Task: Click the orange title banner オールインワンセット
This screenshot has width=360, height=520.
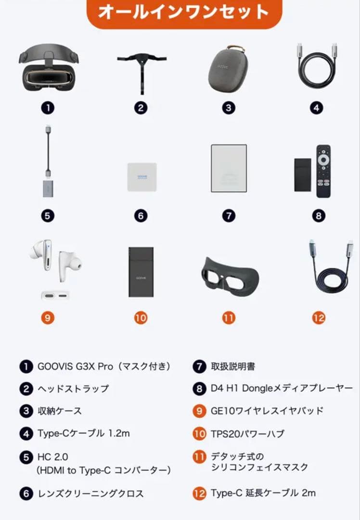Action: coord(184,13)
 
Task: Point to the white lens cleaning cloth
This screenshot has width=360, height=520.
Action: coord(141,177)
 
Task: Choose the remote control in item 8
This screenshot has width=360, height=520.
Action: coord(323,170)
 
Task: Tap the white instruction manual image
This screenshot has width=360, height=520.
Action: coord(229,169)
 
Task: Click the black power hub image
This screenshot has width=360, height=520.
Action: coord(141,272)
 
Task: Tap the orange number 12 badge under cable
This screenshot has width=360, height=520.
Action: coord(319,318)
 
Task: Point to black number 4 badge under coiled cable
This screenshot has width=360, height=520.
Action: coord(316,108)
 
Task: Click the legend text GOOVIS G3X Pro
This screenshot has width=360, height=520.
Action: coord(103,366)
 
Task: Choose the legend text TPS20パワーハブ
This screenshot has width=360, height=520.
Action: coord(247,434)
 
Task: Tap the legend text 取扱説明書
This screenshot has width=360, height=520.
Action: coord(233,366)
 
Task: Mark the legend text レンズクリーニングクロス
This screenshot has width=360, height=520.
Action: coord(90,493)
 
